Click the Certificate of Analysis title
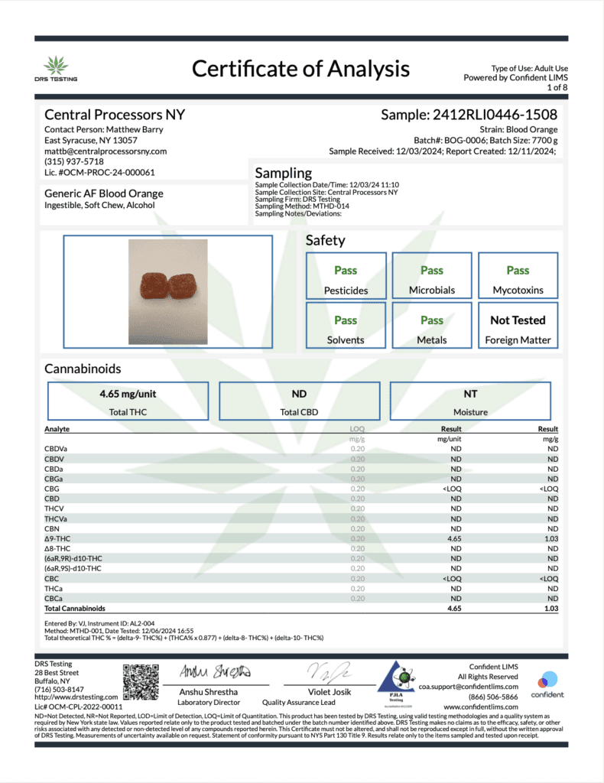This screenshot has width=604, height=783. [x=300, y=69]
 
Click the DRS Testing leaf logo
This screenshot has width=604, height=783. [x=56, y=65]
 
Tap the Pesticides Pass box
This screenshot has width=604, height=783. [x=346, y=276]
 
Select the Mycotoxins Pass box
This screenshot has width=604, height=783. [x=518, y=276]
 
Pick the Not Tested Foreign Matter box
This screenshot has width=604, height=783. [x=518, y=327]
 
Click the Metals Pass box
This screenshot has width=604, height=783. [x=431, y=327]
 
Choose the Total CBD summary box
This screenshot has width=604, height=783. [x=299, y=401]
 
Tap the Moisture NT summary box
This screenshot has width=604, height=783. [x=470, y=401]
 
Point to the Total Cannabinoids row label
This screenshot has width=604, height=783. [x=74, y=608]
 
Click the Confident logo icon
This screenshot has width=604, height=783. [x=547, y=680]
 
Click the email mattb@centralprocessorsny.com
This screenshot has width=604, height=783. [x=106, y=151]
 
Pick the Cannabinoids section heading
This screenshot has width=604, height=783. [x=83, y=369]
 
